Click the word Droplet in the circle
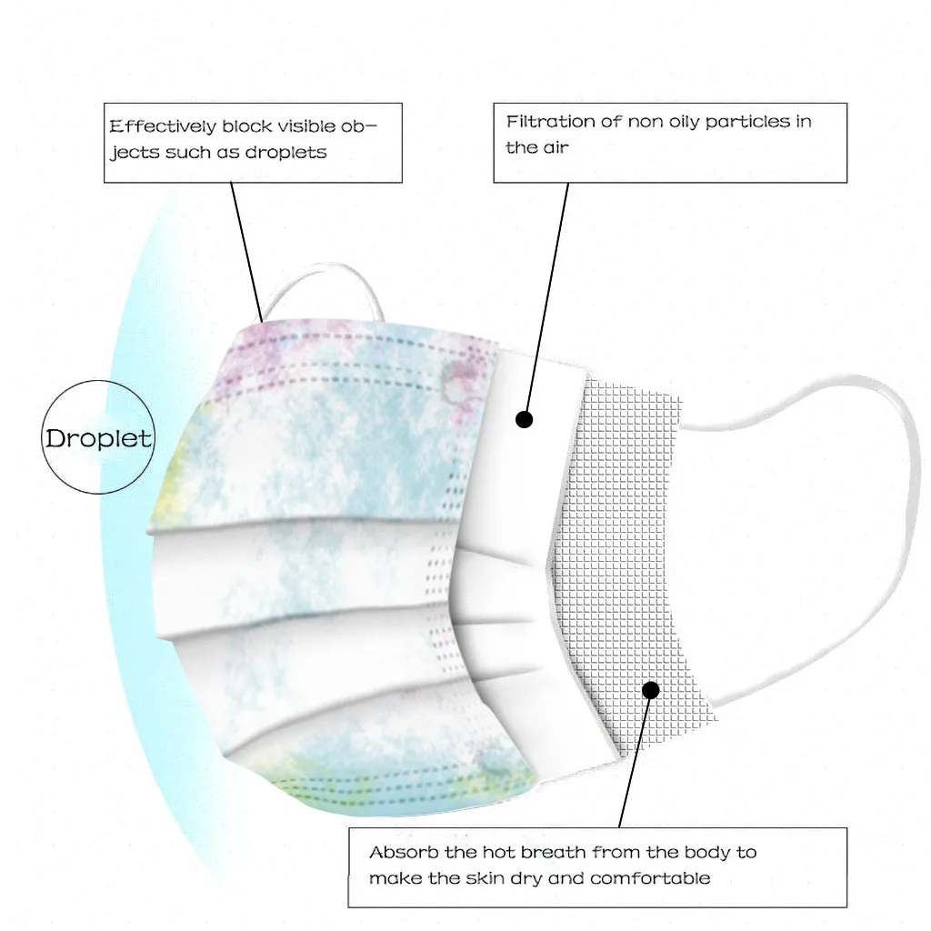coord(98,438)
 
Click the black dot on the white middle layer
coord(524,419)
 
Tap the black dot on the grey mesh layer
coord(650,690)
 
